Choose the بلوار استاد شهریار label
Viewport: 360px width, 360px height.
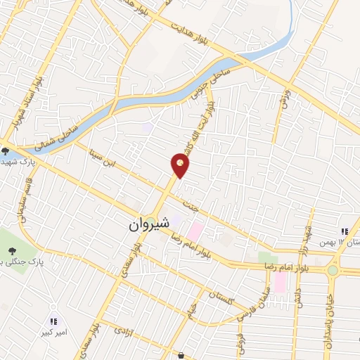25,106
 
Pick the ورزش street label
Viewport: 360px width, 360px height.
283,97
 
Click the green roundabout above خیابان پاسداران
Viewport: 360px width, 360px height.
333,269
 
